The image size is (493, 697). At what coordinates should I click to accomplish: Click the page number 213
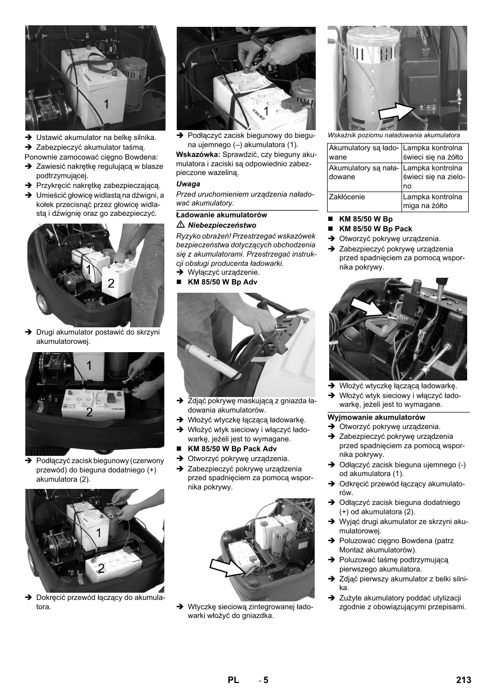464,680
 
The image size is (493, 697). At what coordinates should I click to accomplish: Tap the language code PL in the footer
234,680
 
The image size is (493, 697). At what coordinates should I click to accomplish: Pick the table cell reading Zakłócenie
347,197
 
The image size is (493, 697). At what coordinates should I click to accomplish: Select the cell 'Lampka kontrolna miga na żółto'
434,201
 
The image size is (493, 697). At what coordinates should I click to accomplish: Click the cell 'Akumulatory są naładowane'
364,172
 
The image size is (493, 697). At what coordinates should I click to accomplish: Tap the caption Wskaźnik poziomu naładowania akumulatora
394,135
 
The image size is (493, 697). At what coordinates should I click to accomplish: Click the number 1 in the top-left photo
106,104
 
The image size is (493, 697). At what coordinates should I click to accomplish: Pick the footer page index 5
266,680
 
